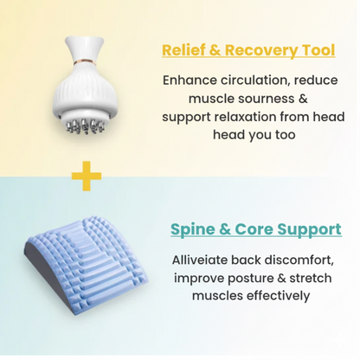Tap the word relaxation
[x=260, y=117]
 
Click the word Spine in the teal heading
[x=193, y=230]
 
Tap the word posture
[x=252, y=278]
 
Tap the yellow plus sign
[x=86, y=177]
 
